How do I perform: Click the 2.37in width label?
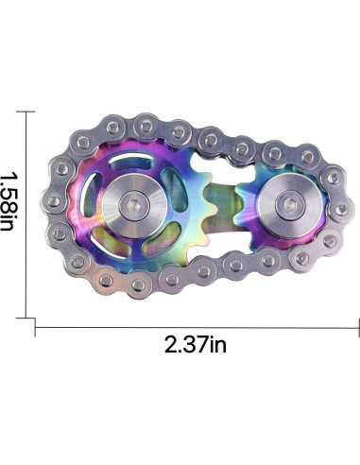click(196, 344)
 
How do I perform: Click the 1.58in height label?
click(7, 200)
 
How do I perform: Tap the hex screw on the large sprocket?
click(135, 206)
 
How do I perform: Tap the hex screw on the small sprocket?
click(289, 205)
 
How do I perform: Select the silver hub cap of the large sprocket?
click(135, 206)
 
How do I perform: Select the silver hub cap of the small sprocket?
click(290, 205)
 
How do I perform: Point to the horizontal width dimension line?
click(197, 328)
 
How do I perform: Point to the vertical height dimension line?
click(26, 215)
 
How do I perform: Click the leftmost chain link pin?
click(53, 200)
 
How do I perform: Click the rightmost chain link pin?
click(341, 210)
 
